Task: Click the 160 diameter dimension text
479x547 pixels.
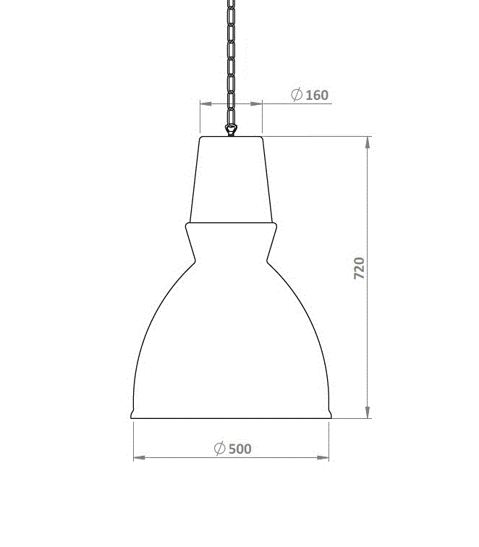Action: point(317,96)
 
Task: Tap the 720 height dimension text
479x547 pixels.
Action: point(359,268)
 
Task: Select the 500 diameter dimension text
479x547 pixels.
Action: point(240,449)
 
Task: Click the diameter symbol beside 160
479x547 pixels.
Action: point(297,95)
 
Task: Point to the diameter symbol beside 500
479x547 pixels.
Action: point(220,448)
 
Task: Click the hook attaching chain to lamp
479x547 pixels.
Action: point(231,130)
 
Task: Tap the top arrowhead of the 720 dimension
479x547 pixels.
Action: point(368,143)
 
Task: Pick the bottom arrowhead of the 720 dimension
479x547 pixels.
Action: point(368,412)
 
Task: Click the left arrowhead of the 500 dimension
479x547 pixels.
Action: point(140,457)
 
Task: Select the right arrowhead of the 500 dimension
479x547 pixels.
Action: point(323,457)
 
